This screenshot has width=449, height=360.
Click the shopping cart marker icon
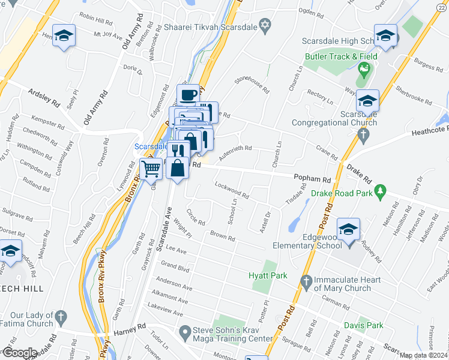[151, 169]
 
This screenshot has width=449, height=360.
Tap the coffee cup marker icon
[188, 95]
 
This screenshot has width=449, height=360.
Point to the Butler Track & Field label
[341, 56]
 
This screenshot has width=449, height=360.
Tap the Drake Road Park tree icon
[379, 191]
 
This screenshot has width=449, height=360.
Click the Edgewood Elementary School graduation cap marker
[348, 230]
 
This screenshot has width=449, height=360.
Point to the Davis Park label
[364, 325]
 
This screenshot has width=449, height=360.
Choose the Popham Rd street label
[312, 179]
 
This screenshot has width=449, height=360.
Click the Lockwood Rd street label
[232, 191]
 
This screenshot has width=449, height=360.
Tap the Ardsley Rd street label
[43, 98]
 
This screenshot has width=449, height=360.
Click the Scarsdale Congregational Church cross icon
[362, 134]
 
